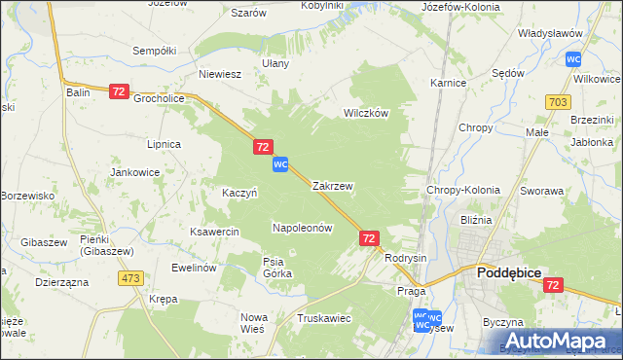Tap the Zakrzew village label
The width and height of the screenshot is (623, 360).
click(x=332, y=185)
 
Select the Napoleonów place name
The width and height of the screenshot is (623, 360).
click(x=302, y=228)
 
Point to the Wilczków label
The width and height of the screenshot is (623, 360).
click(x=366, y=113)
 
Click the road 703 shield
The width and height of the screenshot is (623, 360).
click(x=558, y=101)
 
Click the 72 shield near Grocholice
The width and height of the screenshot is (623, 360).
click(x=119, y=91)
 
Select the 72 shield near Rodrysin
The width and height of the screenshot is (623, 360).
click(x=369, y=237)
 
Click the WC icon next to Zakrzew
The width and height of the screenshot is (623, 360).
click(x=280, y=164)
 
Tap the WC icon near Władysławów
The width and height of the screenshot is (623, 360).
click(x=573, y=59)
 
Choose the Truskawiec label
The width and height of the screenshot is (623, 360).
click(x=324, y=318)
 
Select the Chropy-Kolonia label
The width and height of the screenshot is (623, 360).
click(x=463, y=190)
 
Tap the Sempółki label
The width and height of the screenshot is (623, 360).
click(x=154, y=50)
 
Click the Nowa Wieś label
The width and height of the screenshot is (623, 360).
click(x=253, y=323)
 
